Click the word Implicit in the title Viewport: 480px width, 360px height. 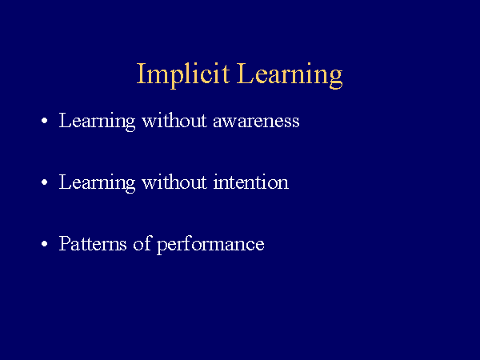[183, 75]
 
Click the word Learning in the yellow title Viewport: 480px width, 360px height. [290, 75]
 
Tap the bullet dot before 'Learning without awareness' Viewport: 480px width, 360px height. [44, 121]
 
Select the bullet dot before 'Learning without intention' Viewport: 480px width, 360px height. [44, 182]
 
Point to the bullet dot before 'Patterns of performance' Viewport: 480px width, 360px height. [44, 244]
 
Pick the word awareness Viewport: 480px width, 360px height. [256, 121]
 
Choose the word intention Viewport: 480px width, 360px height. [251, 182]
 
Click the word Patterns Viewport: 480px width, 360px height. [93, 244]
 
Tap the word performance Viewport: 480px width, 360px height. [210, 245]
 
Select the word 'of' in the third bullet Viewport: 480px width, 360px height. [142, 243]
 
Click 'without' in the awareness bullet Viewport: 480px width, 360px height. [174, 120]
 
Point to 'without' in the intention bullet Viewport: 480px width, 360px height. [174, 182]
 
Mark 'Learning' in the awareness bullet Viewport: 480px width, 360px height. [97, 122]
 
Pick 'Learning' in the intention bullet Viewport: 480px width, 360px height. [97, 183]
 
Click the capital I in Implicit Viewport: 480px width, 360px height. [141, 73]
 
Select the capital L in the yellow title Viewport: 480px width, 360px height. [245, 73]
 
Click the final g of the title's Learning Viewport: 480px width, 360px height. [335, 79]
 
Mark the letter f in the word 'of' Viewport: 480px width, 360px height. [148, 243]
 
